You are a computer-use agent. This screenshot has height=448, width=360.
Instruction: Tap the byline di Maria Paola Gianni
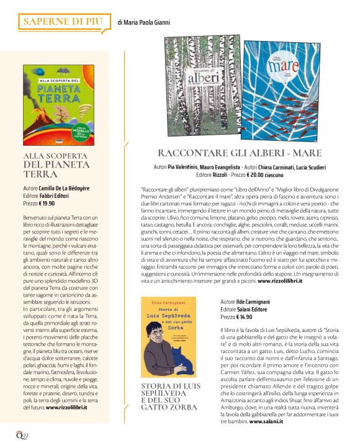(143, 23)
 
